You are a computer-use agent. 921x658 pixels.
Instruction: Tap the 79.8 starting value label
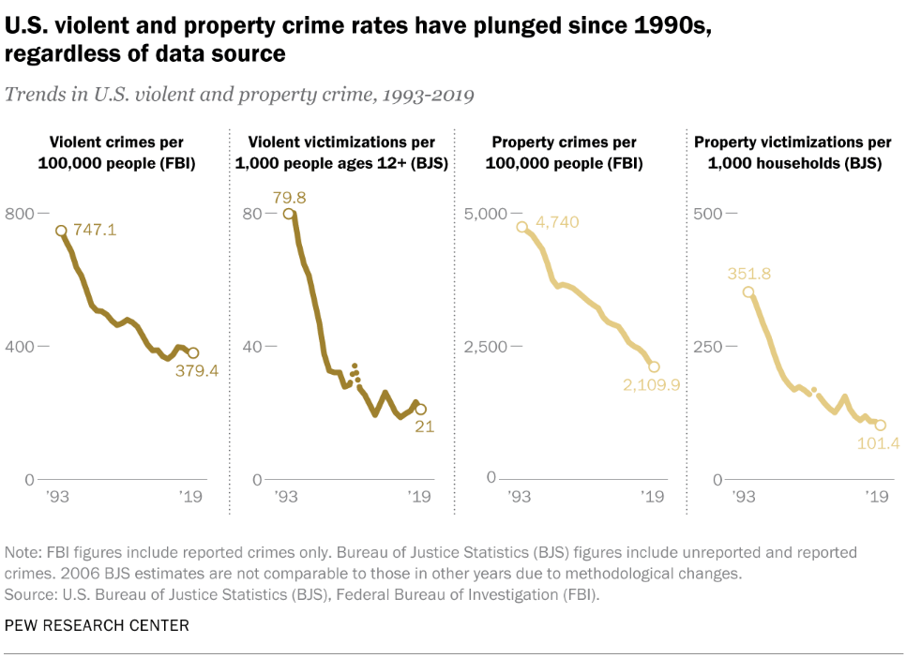[x=288, y=197]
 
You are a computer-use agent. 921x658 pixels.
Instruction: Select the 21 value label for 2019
[x=426, y=426]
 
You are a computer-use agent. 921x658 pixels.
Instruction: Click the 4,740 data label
[x=557, y=222]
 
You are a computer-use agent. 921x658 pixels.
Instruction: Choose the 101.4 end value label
[x=879, y=442]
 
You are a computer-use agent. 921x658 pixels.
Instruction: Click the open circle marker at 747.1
[x=61, y=231]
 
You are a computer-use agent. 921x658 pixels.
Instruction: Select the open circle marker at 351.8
[x=748, y=292]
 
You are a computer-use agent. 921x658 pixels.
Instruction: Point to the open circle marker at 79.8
[x=289, y=214]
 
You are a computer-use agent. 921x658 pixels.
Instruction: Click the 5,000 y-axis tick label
[x=486, y=214]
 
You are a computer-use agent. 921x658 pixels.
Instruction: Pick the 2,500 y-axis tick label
[x=486, y=347]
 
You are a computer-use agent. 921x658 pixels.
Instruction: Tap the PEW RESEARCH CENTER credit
[x=97, y=625]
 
